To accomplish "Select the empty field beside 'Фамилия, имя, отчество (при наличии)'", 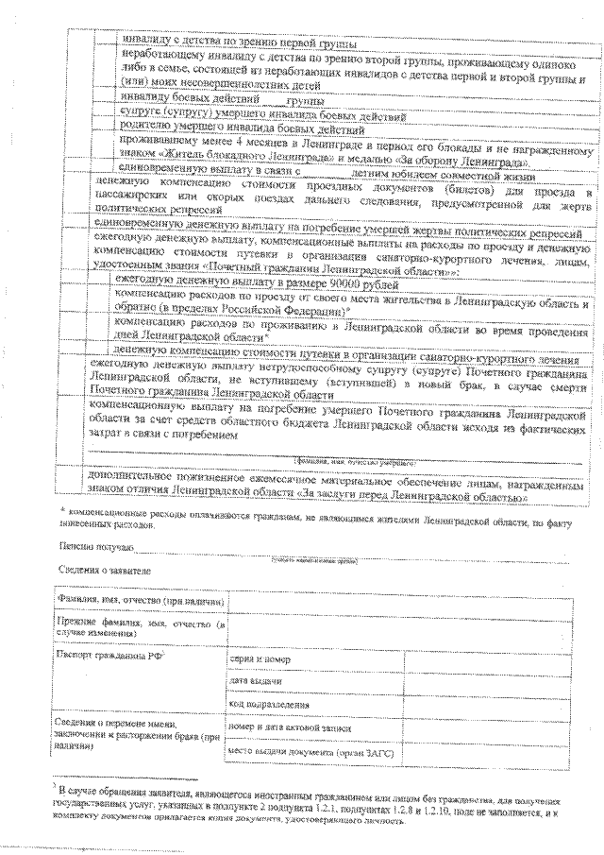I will click(396, 601).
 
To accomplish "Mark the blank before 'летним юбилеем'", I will click(325, 174).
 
